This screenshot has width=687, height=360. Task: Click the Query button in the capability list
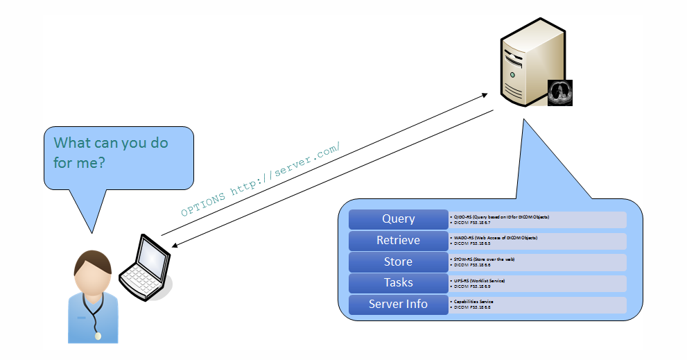pos(398,219)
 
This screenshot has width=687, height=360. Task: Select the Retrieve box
pos(398,241)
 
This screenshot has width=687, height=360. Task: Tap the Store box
pos(398,262)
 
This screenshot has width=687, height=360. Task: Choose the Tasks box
pos(398,283)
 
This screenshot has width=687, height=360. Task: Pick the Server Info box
pos(398,305)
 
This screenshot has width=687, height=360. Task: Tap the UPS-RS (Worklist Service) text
pos(480,280)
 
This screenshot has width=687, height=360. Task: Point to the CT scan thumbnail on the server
pos(559,92)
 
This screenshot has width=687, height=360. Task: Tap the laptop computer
pos(144,267)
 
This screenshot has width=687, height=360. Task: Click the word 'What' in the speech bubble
pos(73,143)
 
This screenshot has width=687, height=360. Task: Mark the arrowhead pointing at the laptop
pos(175,245)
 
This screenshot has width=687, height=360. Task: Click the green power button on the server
pos(512,74)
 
